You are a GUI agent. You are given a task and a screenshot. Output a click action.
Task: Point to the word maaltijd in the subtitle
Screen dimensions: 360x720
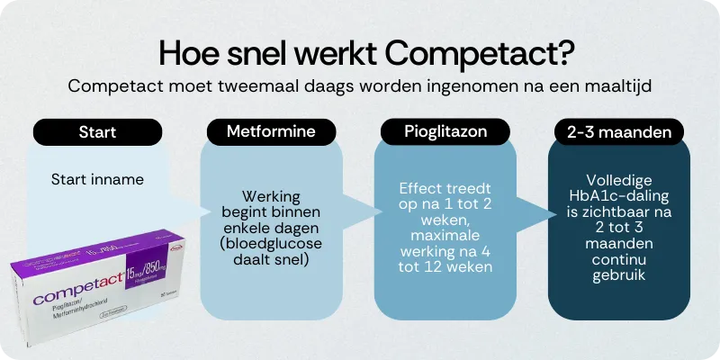618,87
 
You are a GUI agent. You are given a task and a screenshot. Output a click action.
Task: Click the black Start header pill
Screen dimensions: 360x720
96,132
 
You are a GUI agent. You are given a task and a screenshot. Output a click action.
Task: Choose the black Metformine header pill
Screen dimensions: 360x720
270,132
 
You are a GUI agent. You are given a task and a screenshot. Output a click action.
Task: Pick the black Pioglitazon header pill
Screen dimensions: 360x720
445,132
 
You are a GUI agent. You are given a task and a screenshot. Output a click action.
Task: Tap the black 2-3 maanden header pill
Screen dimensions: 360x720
619,132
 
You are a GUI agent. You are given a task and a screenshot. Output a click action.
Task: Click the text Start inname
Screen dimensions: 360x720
97,179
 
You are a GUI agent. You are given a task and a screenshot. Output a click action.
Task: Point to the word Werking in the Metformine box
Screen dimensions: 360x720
270,196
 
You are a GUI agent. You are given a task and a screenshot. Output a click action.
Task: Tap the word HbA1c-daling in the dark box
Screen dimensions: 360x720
619,195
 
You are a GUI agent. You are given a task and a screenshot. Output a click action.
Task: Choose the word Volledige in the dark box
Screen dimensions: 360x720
619,179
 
